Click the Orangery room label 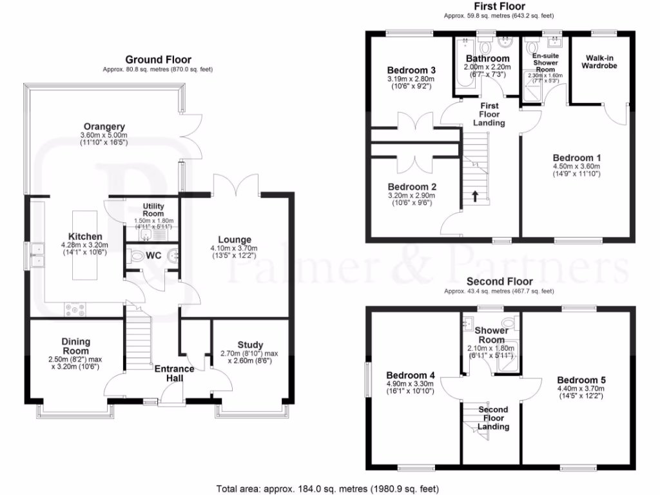point(104,126)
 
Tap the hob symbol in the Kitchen point(75,311)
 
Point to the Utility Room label point(153,209)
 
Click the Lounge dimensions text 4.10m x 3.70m point(234,249)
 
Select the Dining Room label point(76,346)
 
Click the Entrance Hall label point(174,373)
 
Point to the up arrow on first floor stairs point(475,195)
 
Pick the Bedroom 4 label point(410,375)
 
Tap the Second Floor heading point(500,282)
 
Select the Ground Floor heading point(157,59)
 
